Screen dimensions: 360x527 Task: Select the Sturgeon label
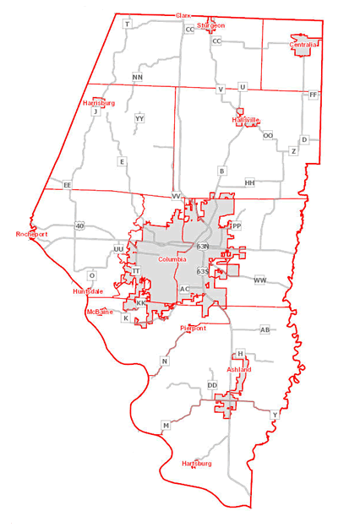[x=211, y=26]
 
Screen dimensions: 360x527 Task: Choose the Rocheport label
[x=32, y=234]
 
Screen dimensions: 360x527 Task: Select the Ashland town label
[x=239, y=370]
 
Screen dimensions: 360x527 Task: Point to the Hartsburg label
[x=197, y=464]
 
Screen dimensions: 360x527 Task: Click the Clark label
[x=183, y=16]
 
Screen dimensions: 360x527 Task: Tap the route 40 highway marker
[x=79, y=225]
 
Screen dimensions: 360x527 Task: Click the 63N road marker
[x=202, y=246]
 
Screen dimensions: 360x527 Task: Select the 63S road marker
[x=202, y=271]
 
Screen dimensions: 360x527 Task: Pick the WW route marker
[x=259, y=280]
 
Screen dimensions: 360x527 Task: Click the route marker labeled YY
[x=139, y=119]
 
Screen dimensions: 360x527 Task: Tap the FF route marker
[x=313, y=95]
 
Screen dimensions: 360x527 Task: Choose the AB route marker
[x=265, y=329]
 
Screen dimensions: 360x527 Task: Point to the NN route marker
[x=138, y=78]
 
